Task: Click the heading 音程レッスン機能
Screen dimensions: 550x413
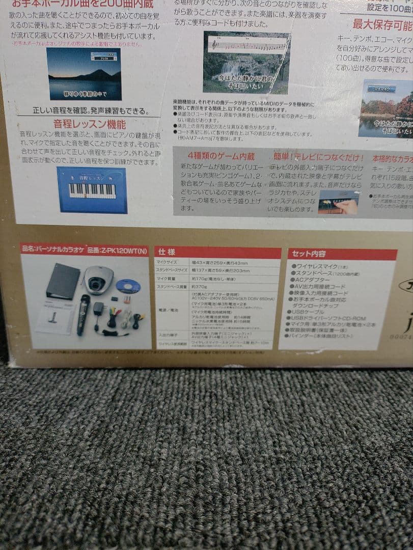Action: (89, 123)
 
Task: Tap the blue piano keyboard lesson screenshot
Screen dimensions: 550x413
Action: (92, 189)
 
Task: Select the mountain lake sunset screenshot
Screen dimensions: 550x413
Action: (84, 74)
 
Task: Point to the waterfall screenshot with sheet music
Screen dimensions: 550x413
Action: (246, 63)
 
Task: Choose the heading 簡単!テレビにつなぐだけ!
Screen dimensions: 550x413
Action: (318, 156)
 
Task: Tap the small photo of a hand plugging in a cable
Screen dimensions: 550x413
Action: (338, 202)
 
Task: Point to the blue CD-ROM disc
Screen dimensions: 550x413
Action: (128, 286)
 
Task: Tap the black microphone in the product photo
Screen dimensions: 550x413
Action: (83, 314)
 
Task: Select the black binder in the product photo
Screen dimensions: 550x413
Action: (63, 280)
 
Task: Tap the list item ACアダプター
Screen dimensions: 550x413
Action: (312, 279)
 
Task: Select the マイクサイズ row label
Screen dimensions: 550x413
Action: (166, 262)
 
